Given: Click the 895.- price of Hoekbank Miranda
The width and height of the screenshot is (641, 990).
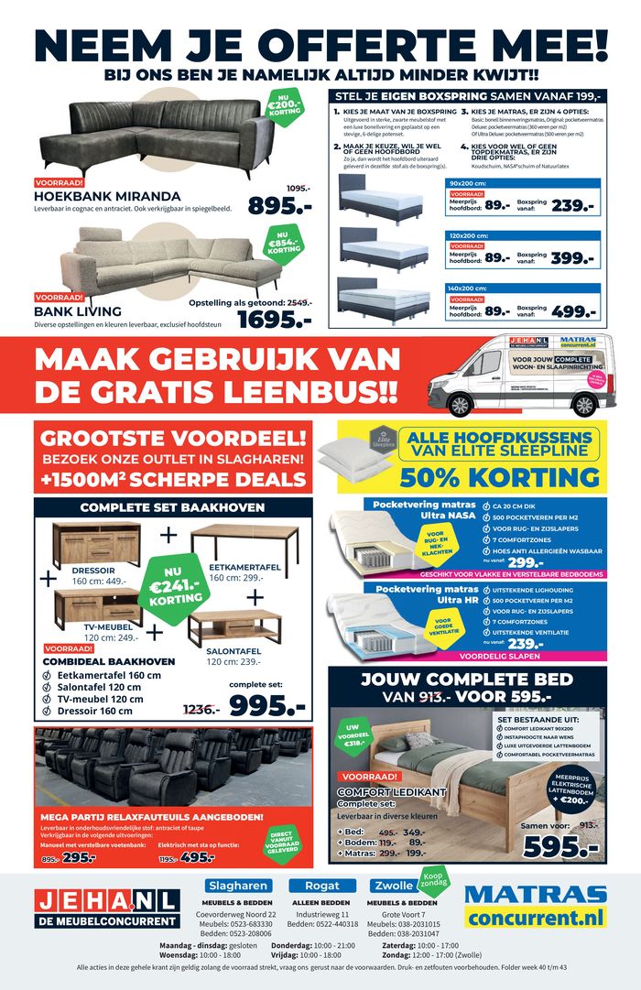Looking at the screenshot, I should (x=279, y=207).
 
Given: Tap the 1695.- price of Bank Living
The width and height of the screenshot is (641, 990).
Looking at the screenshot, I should (x=275, y=319).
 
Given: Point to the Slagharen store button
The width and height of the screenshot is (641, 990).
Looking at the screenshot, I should (x=237, y=886).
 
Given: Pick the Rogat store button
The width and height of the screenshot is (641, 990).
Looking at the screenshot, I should (x=322, y=886).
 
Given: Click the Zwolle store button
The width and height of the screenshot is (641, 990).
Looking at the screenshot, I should (x=395, y=886).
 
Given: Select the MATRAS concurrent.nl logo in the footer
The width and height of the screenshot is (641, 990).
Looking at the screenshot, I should (x=536, y=907).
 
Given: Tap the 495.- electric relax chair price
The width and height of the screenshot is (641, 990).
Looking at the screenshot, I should (x=197, y=857).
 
